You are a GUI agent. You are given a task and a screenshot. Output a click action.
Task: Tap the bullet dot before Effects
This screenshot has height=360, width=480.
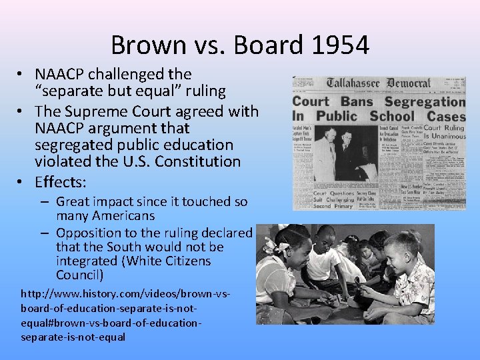tap(22, 182)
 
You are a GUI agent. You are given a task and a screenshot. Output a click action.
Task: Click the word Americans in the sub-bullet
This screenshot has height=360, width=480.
tap(116, 216)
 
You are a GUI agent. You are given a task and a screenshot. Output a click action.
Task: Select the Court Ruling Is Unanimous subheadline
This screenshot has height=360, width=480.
tap(444, 134)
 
